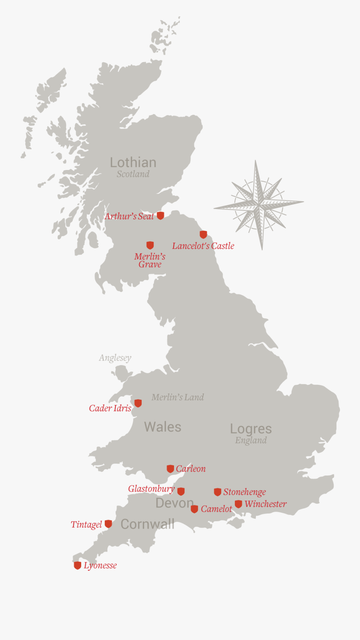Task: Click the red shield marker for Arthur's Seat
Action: (160, 216)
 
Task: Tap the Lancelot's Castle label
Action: (203, 246)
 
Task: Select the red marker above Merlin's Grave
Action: (150, 245)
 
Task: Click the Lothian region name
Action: (133, 162)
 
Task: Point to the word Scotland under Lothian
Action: (133, 174)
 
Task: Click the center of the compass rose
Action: (259, 204)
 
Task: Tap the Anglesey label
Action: (115, 358)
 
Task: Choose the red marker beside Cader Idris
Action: (138, 403)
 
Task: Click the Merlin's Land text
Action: (178, 397)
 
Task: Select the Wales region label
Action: (162, 427)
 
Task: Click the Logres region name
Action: (251, 428)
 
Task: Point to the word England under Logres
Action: (251, 440)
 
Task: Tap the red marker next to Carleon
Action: (170, 468)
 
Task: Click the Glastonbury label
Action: (151, 489)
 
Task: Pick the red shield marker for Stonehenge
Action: (218, 492)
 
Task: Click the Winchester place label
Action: (265, 504)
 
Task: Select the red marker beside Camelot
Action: (194, 509)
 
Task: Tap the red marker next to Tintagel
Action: (108, 524)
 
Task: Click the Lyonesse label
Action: (100, 566)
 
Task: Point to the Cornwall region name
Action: (147, 524)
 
